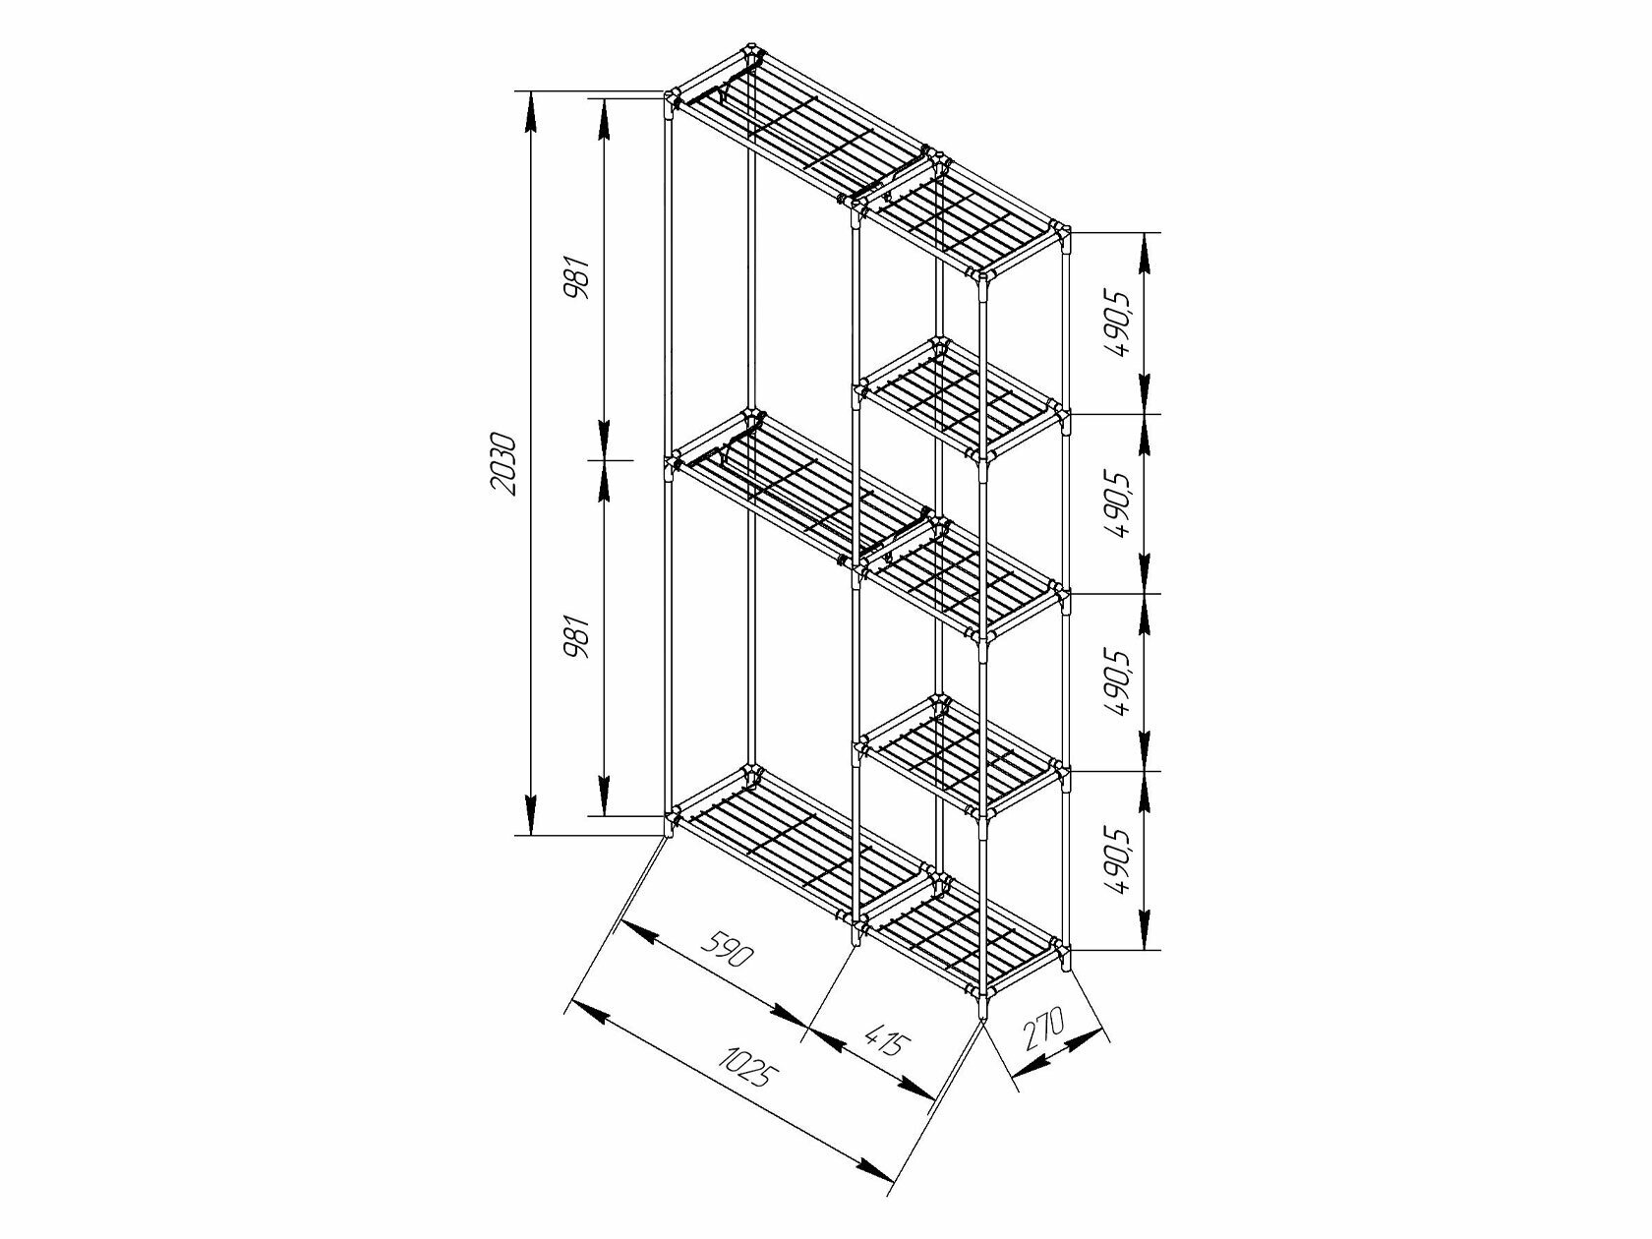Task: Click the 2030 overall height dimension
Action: (501, 463)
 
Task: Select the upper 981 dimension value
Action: (578, 278)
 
